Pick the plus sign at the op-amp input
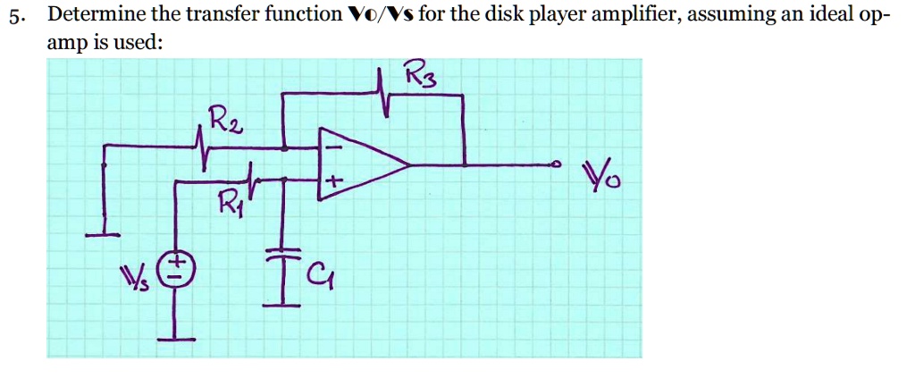point(332,182)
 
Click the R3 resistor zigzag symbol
point(384,92)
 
